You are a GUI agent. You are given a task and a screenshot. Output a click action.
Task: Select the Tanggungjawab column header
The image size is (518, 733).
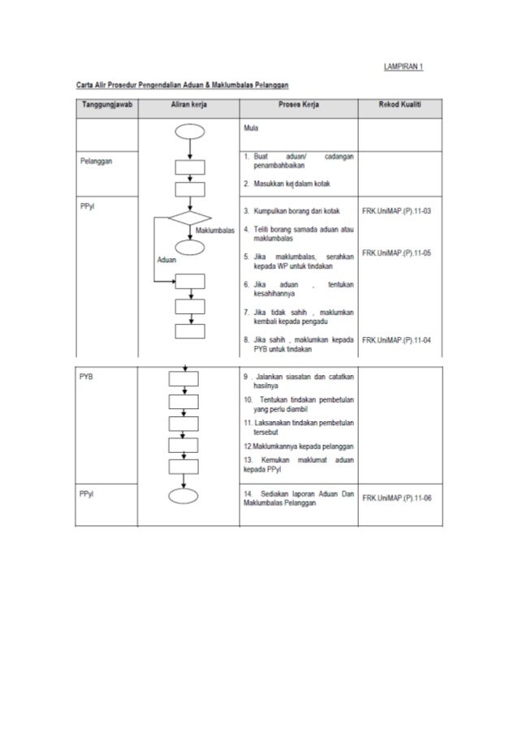(107, 106)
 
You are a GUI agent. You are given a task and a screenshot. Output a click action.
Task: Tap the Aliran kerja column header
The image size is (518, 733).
(188, 106)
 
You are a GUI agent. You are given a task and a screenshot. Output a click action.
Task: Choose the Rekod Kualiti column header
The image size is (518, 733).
(401, 106)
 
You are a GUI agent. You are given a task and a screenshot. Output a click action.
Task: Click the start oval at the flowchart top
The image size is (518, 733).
(188, 132)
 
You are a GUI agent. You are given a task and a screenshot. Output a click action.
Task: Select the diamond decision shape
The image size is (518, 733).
(188, 219)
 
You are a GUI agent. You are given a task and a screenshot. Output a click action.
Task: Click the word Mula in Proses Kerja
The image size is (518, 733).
(250, 128)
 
